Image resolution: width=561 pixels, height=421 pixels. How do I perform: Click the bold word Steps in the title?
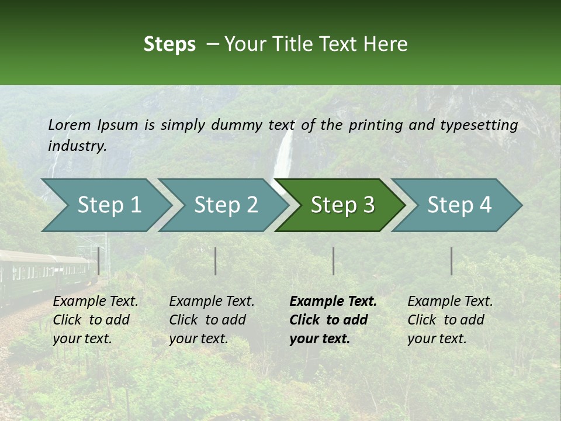(x=169, y=44)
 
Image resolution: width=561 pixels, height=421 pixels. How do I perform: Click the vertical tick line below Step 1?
(x=99, y=261)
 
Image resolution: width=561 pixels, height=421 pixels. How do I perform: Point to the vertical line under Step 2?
(x=216, y=261)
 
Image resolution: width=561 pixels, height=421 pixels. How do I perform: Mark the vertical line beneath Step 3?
(x=334, y=261)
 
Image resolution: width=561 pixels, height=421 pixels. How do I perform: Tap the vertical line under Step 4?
(x=452, y=261)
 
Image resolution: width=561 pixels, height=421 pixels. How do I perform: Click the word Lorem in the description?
(x=70, y=125)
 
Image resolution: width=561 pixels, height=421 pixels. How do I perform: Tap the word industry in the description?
(x=77, y=146)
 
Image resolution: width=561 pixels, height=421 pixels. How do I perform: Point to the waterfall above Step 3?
(x=284, y=155)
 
